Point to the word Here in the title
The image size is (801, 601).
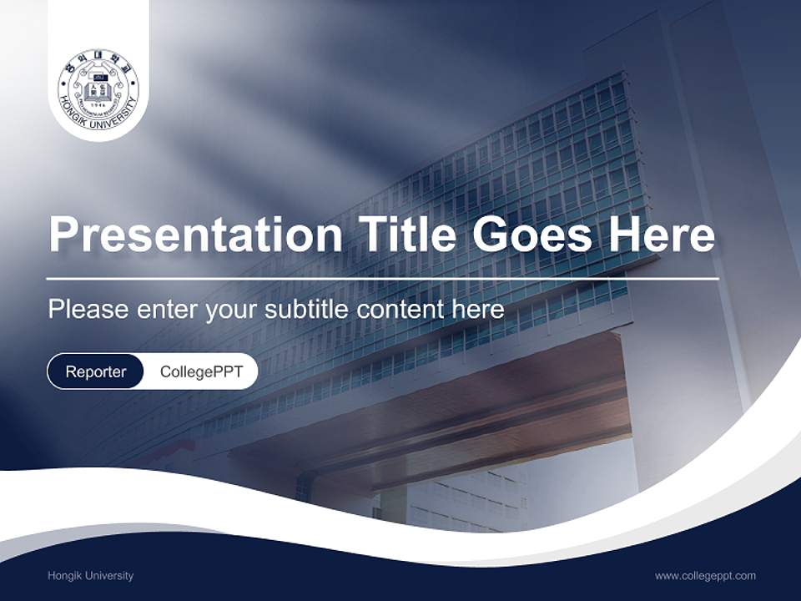pyautogui.click(x=661, y=235)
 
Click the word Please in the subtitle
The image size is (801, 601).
pyautogui.click(x=88, y=310)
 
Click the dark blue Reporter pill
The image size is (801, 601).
pyautogui.click(x=95, y=371)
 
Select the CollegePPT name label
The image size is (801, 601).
pyautogui.click(x=201, y=371)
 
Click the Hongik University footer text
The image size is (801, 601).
pyautogui.click(x=90, y=575)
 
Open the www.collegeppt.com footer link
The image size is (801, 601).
pyautogui.click(x=705, y=575)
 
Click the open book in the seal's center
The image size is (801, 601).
pyautogui.click(x=98, y=87)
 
